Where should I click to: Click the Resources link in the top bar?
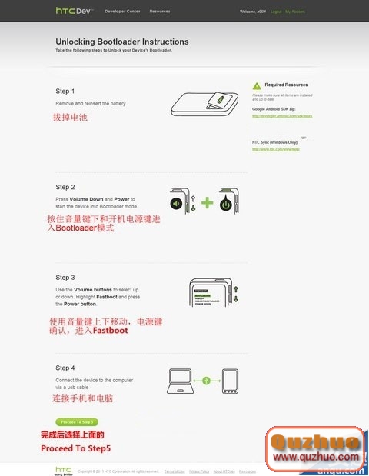(160, 12)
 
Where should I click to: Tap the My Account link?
(295, 12)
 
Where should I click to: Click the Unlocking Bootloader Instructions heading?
(121, 42)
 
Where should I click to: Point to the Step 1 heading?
(65, 91)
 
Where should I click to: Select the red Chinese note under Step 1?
(70, 118)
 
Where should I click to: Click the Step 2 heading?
(65, 187)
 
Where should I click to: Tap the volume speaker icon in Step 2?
(177, 204)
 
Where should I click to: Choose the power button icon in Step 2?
(225, 205)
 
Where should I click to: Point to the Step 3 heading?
(65, 277)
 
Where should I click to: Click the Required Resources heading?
(286, 85)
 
